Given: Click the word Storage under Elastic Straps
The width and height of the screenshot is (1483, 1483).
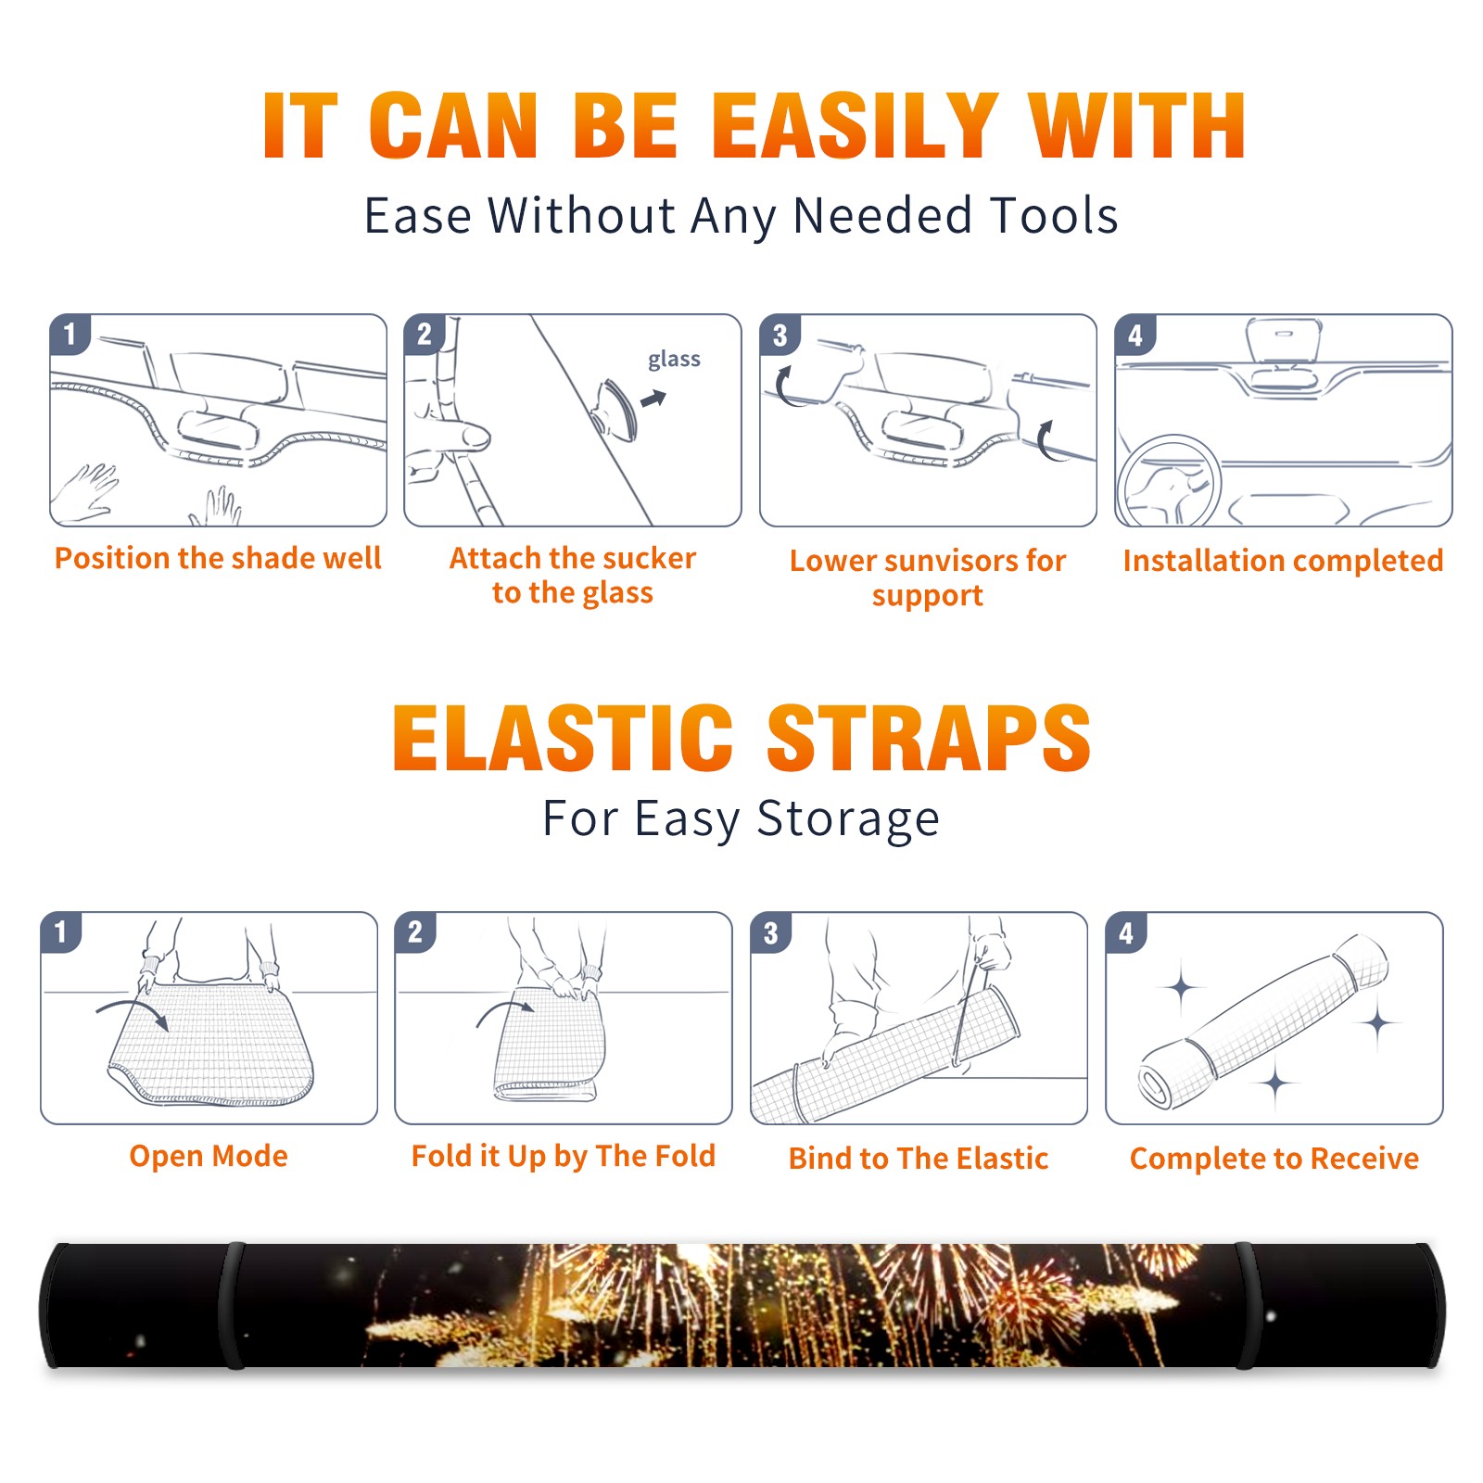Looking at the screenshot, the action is pos(848,820).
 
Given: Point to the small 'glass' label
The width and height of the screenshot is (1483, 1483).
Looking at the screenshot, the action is pos(674,360).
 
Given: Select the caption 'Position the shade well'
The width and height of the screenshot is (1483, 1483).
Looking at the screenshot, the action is pos(218,558).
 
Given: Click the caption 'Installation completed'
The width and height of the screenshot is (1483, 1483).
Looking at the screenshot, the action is pos(1284,560).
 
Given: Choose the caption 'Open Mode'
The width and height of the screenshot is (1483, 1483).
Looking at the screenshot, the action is pos(209,1156).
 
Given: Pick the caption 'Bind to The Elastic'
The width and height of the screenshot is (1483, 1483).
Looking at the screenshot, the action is pos(919,1159).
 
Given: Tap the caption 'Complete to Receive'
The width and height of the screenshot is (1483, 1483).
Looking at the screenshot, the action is pos(1274,1159).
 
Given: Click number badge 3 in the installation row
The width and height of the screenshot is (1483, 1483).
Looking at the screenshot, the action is pos(780,336).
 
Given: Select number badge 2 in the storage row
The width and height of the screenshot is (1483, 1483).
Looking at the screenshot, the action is pos(415,932).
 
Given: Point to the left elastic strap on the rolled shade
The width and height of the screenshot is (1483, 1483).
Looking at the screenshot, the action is pos(232,1306).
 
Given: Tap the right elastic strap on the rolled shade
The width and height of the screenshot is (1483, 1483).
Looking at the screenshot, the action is pos(1249,1306).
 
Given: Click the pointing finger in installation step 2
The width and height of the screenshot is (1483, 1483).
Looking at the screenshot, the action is pos(450,435).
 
